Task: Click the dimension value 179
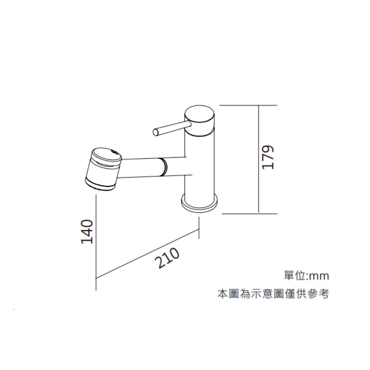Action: (268, 157)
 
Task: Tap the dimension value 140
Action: (87, 232)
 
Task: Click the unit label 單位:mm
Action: (306, 276)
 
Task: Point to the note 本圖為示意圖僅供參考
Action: (273, 295)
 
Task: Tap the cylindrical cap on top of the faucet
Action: (200, 118)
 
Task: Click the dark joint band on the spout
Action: (163, 167)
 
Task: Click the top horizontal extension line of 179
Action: (248, 105)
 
